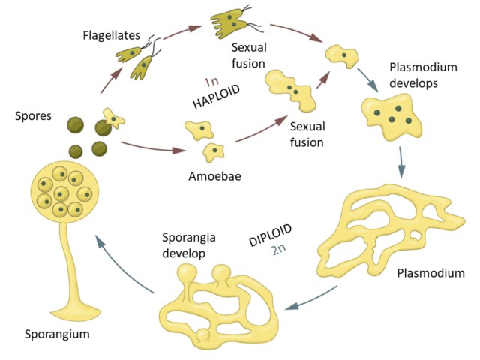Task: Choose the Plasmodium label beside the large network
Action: pos(425,272)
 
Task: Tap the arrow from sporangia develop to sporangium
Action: pos(119,262)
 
